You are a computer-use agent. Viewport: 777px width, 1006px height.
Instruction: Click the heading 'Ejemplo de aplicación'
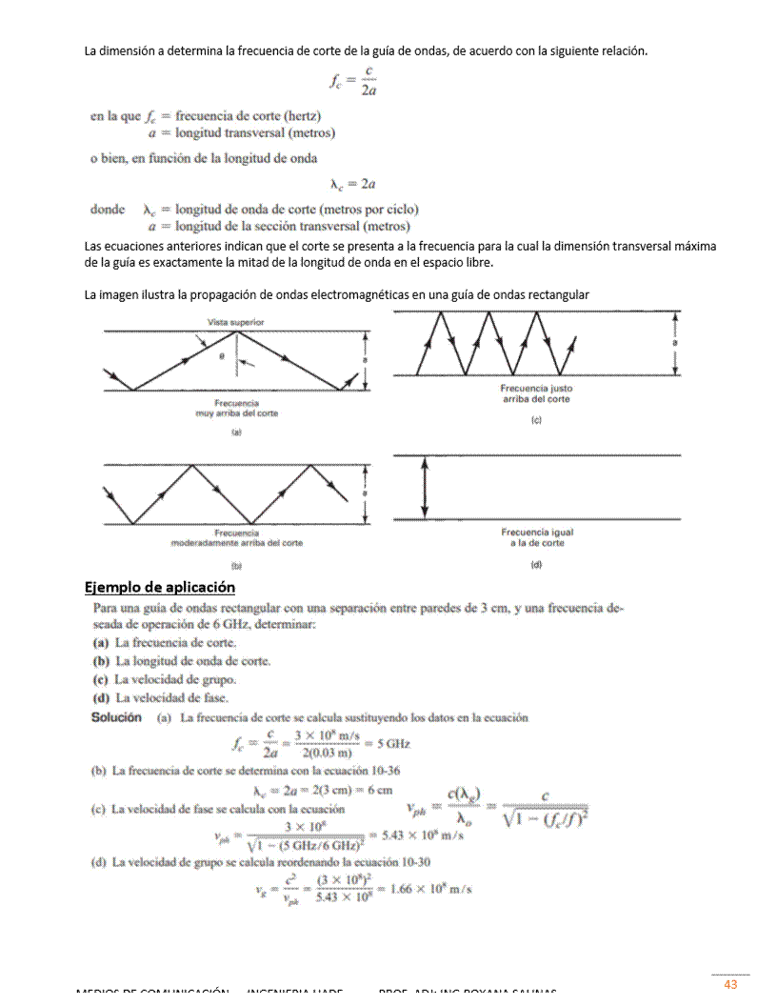[160, 587]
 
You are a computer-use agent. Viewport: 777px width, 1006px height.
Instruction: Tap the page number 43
[730, 984]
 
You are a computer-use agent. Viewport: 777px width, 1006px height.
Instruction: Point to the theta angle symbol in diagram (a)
[220, 356]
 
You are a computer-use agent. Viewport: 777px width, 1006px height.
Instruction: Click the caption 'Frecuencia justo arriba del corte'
[536, 394]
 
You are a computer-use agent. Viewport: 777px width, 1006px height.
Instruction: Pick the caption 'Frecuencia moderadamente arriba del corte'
[236, 538]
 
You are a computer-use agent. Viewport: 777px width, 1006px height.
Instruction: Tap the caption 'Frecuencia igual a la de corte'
[537, 537]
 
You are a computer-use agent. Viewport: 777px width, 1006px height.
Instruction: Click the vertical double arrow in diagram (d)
[425, 488]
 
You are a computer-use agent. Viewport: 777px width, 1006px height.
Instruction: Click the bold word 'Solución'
[116, 717]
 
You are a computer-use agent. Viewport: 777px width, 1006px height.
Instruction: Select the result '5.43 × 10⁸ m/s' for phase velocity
[422, 835]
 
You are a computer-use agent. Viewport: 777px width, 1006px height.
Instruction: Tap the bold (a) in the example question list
[99, 643]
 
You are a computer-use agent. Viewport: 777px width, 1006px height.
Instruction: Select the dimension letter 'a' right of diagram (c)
[675, 343]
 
